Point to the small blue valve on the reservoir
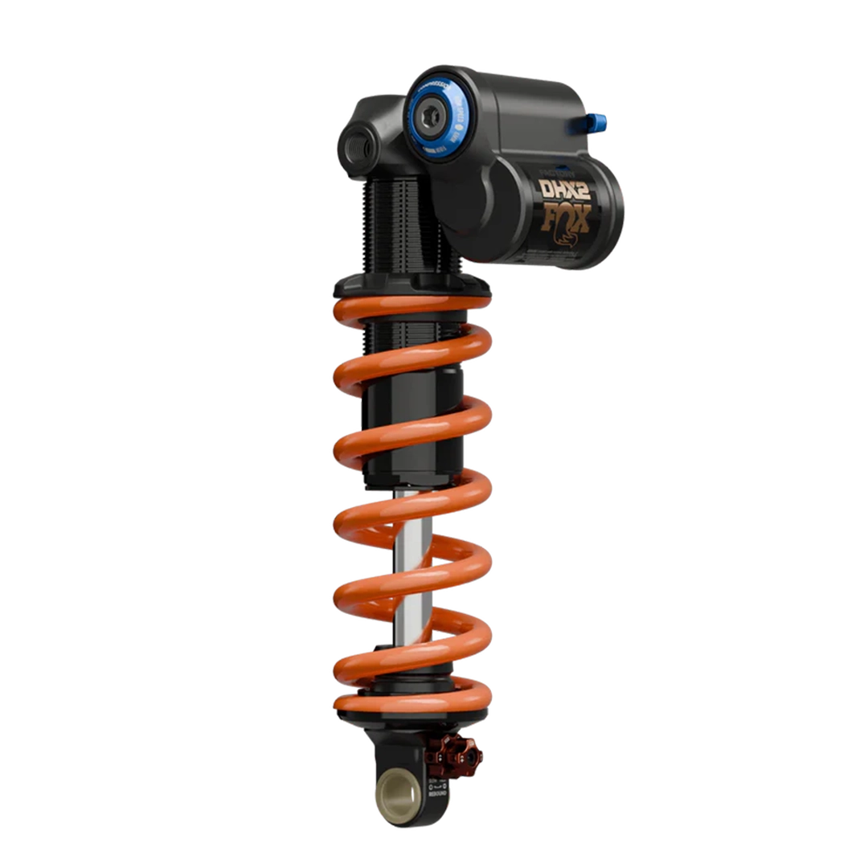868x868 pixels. [598, 120]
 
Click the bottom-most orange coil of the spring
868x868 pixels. [410, 704]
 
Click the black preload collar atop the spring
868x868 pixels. [410, 285]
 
